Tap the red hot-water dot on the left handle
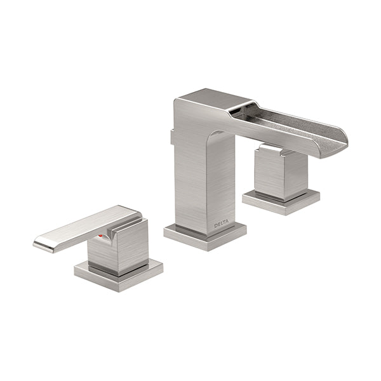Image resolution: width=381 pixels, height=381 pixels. pos(102,236)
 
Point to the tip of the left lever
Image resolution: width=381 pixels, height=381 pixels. pos(34,243)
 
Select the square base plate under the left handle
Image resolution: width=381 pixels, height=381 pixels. pos(119,275)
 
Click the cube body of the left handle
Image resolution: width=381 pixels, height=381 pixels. pos(118,246)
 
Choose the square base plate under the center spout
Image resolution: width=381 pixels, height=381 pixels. pos(205,237)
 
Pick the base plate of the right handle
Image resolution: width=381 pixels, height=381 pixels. pos(281,202)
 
